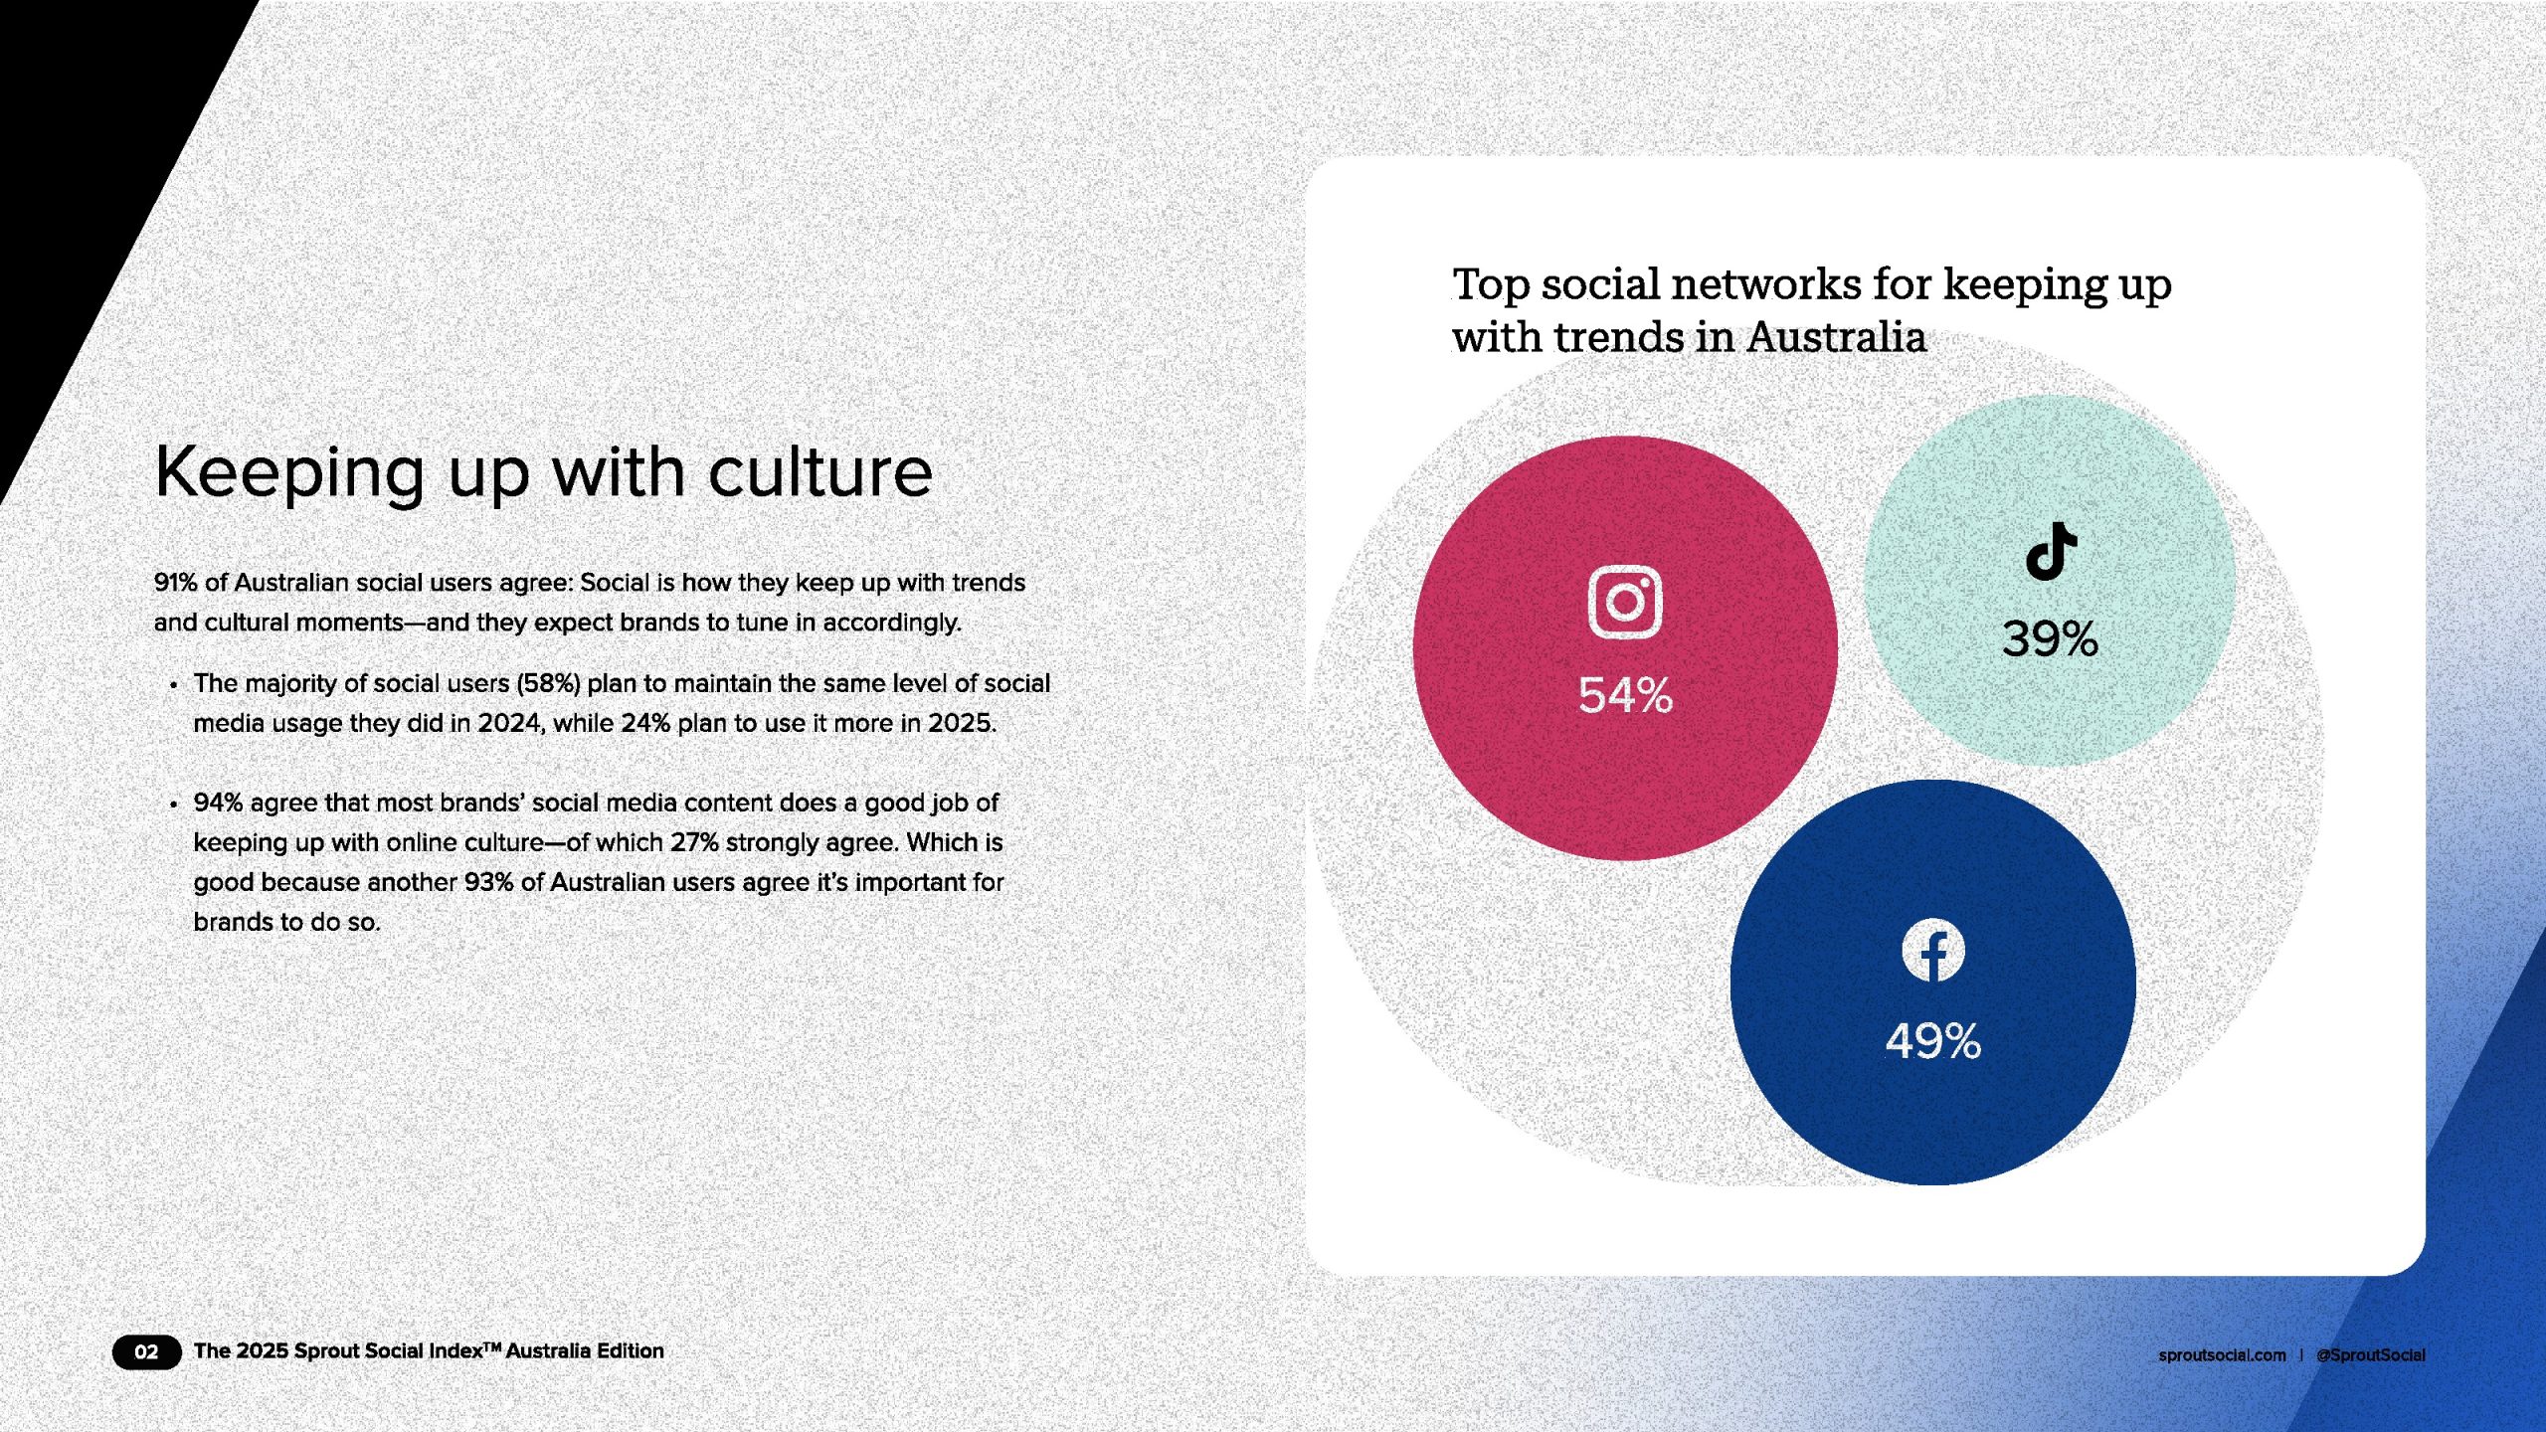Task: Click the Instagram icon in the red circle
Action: (1625, 602)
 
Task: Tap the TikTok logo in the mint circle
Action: (2051, 551)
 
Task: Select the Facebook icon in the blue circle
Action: (1933, 950)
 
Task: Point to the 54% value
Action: (1626, 695)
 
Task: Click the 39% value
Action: (2050, 638)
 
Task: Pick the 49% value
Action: (1933, 1041)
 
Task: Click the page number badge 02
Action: (146, 1351)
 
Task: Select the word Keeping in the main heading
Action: (290, 473)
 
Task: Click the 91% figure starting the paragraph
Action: (175, 583)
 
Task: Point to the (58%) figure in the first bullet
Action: (548, 684)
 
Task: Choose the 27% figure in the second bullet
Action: (694, 842)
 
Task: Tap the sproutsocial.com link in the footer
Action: (2222, 1355)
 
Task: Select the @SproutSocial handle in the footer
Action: (2371, 1355)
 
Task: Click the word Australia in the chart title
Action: (1837, 337)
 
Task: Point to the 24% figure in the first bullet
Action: (645, 723)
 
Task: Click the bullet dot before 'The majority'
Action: (174, 685)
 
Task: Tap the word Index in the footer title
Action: (454, 1351)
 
